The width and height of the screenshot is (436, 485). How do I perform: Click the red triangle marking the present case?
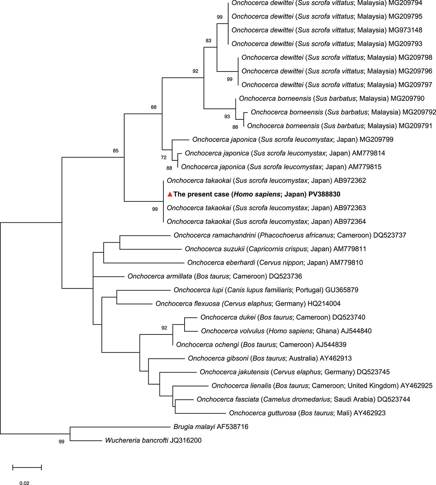[170, 194]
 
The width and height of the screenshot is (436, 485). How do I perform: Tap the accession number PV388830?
[324, 194]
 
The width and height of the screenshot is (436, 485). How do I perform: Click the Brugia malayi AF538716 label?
[211, 427]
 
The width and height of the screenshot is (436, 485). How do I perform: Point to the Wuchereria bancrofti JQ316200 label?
[153, 440]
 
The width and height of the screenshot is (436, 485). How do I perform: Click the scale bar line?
[27, 467]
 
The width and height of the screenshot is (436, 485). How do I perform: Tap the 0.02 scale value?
[25, 483]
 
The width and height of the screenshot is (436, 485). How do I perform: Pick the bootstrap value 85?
[116, 151]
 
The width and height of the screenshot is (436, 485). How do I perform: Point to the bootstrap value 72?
[164, 157]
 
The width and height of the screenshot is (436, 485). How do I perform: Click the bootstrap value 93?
[227, 116]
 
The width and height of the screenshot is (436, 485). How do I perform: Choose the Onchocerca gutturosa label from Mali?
[307, 413]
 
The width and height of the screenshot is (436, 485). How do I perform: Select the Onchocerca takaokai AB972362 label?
[266, 181]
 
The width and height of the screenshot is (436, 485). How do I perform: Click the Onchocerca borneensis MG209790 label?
[331, 99]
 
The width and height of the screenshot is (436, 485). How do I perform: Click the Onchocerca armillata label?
[214, 276]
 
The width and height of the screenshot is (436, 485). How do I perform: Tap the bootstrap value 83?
[208, 41]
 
